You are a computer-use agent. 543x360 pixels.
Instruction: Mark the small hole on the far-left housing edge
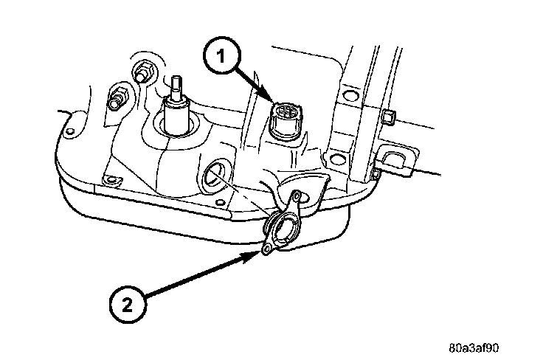coord(69,133)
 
